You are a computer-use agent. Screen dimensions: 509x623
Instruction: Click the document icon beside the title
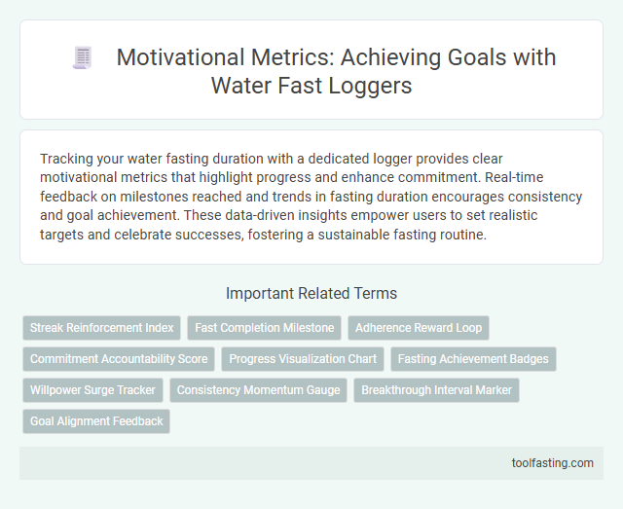click(83, 58)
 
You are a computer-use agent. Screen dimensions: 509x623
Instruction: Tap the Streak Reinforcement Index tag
click(100, 328)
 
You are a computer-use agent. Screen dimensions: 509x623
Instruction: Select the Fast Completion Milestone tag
click(265, 328)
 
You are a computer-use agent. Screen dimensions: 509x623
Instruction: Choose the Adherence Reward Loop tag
click(418, 328)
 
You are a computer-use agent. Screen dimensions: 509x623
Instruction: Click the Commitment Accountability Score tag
click(119, 359)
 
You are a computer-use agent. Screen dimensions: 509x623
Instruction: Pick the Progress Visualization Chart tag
click(303, 359)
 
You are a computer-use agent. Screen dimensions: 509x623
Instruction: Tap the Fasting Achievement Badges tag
click(473, 359)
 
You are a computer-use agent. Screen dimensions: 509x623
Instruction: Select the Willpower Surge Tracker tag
click(92, 390)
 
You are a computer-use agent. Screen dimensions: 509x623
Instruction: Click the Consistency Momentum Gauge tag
click(258, 390)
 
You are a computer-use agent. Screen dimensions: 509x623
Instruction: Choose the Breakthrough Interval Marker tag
click(436, 390)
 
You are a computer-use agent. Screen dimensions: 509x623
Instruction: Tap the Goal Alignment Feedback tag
click(96, 421)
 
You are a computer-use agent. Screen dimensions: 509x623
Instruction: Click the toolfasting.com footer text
click(552, 463)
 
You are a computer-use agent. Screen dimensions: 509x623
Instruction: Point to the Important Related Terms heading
click(311, 293)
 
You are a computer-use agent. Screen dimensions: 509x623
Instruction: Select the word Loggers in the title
click(371, 86)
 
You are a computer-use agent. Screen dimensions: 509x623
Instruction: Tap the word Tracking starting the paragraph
click(66, 158)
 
